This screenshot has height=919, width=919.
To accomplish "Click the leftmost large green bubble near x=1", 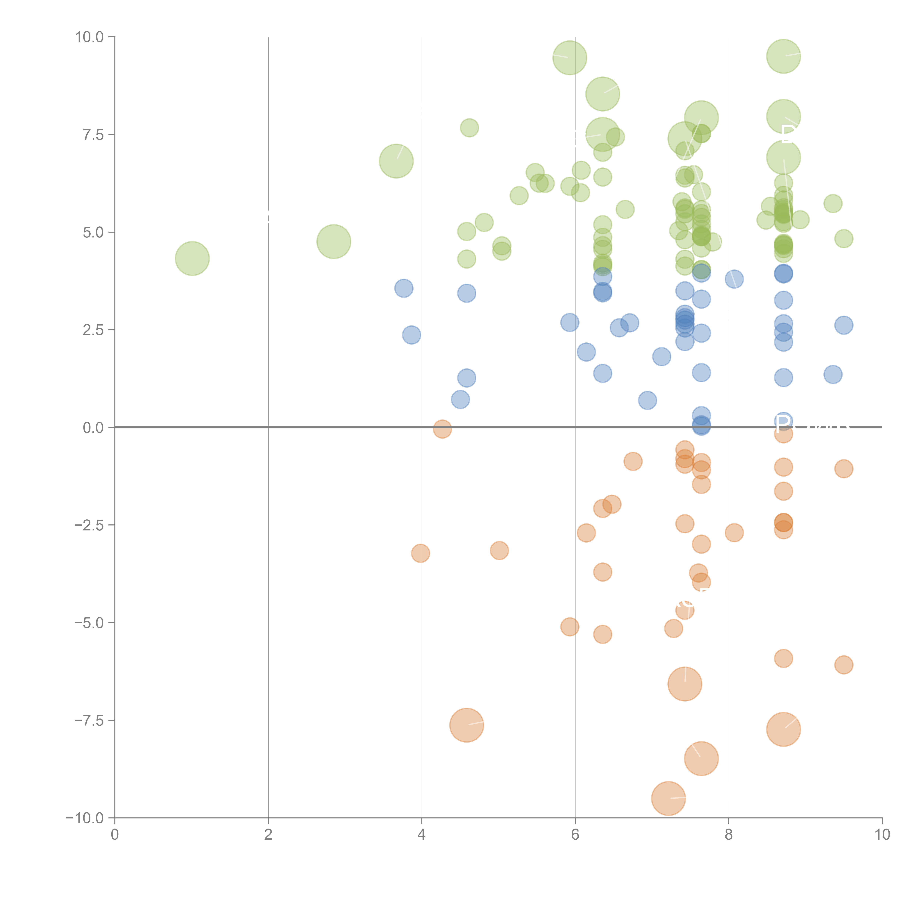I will (192, 258).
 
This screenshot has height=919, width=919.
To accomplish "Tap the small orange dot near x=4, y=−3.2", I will (421, 553).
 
